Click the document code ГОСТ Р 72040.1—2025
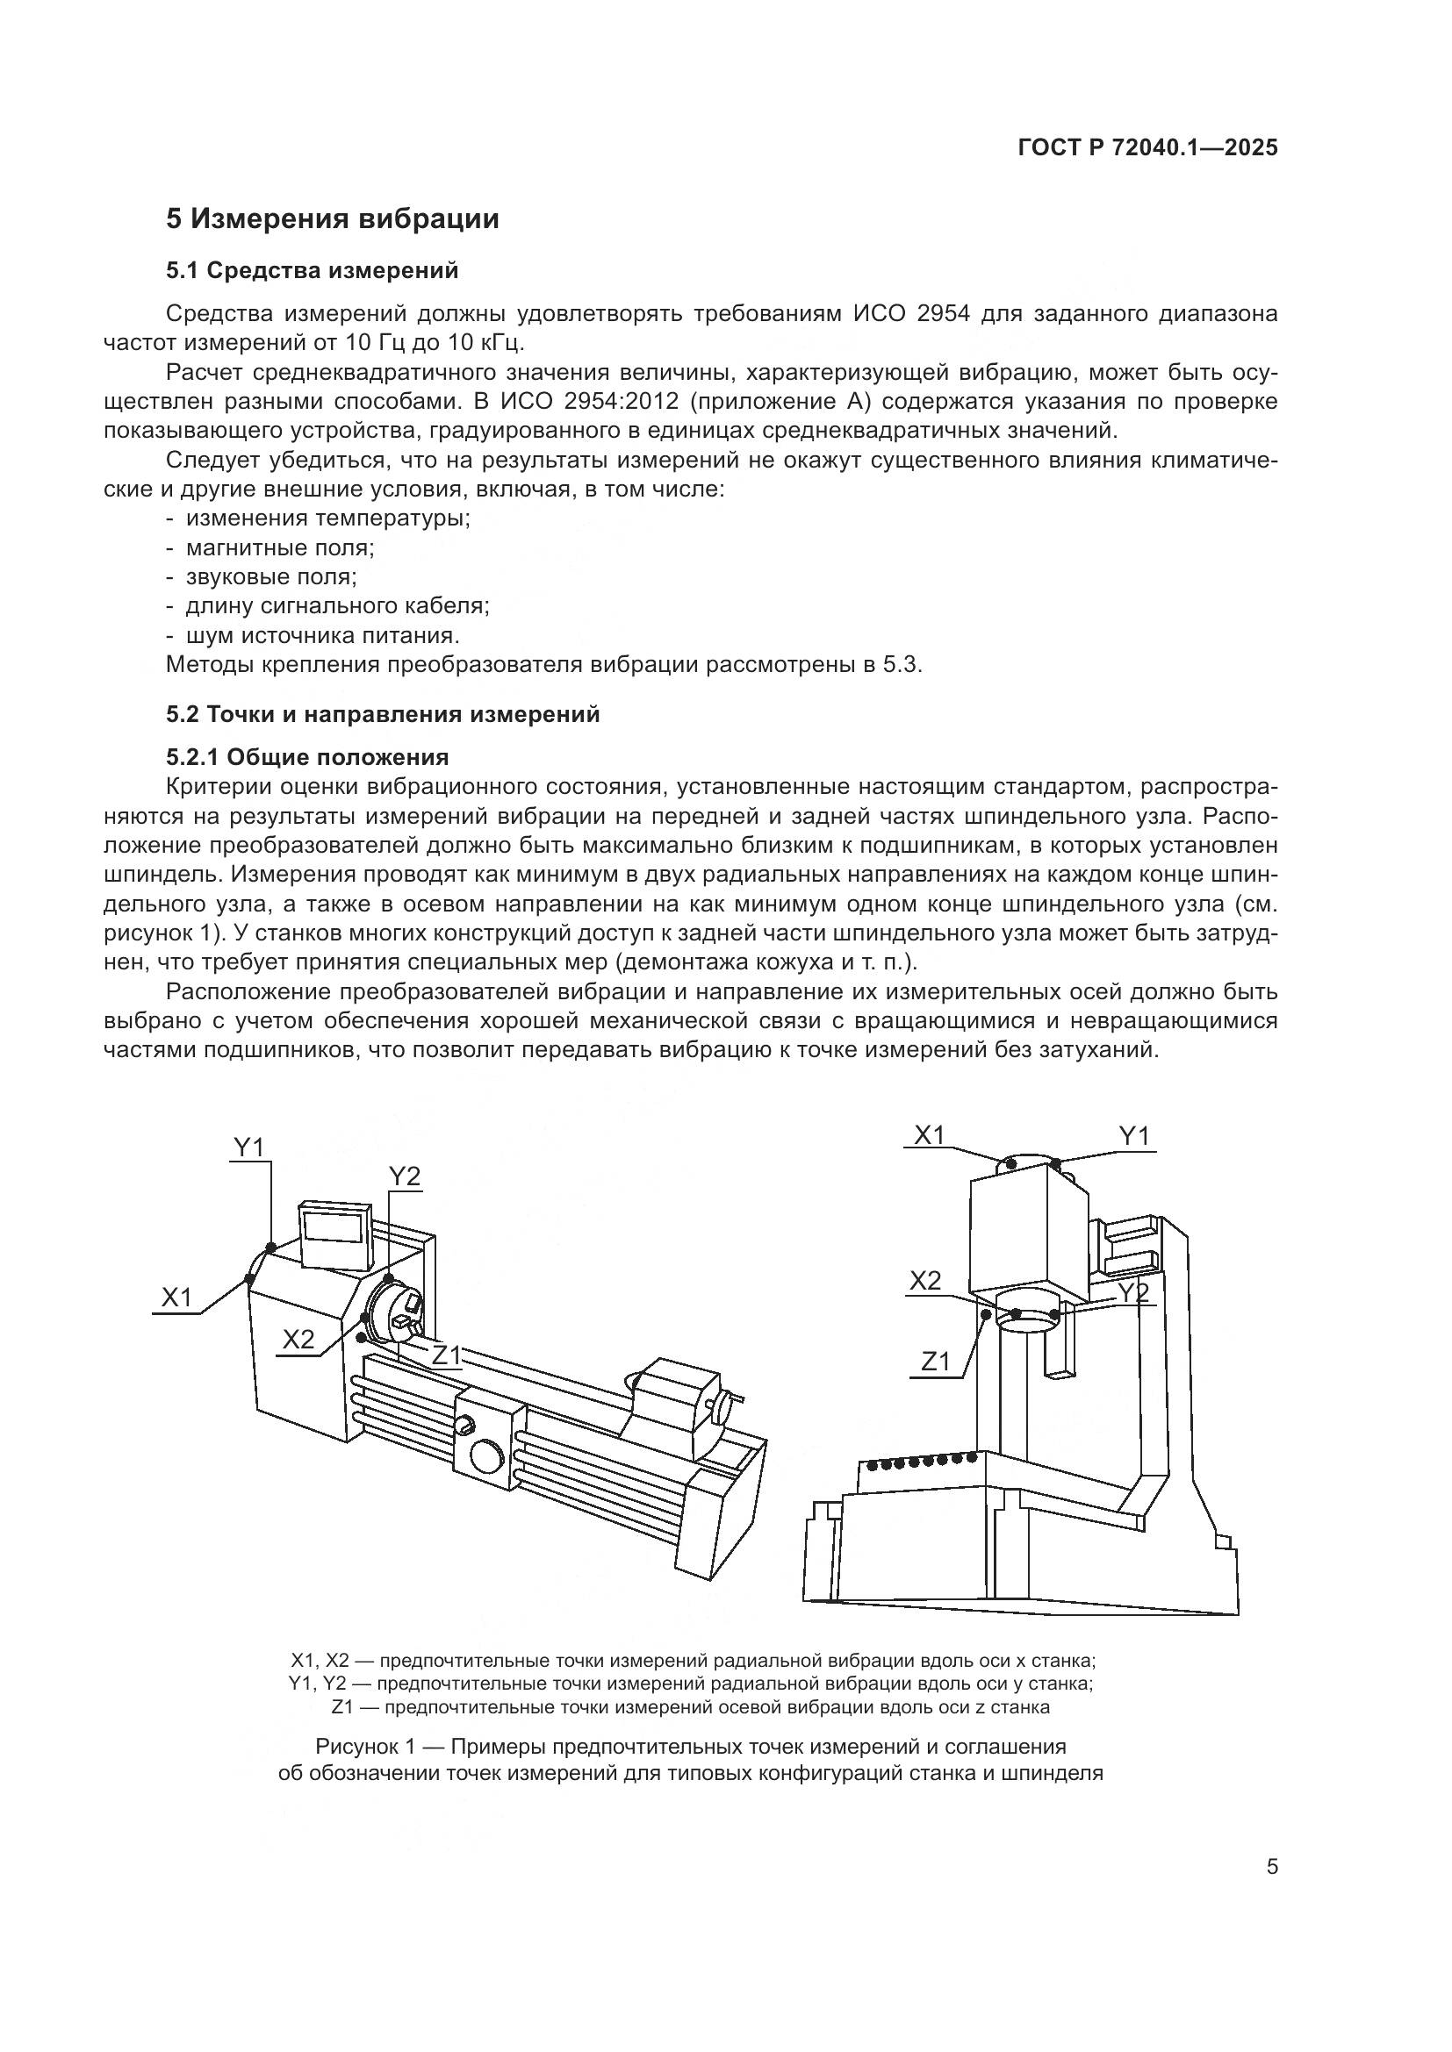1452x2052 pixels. [1148, 148]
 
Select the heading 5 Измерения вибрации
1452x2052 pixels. [333, 219]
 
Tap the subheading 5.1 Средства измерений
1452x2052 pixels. [312, 270]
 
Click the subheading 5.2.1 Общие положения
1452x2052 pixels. [307, 758]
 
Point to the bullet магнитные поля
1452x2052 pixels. [280, 547]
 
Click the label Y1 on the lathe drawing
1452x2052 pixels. [249, 1147]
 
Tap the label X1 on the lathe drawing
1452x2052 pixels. [177, 1298]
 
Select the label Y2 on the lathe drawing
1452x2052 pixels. [404, 1177]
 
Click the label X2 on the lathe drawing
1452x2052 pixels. [298, 1339]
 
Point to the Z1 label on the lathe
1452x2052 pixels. [446, 1355]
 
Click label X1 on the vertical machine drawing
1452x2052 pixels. [930, 1135]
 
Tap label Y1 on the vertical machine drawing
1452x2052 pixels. [1134, 1136]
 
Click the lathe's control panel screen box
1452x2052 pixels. [335, 1235]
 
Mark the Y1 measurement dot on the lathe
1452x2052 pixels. [271, 1247]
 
